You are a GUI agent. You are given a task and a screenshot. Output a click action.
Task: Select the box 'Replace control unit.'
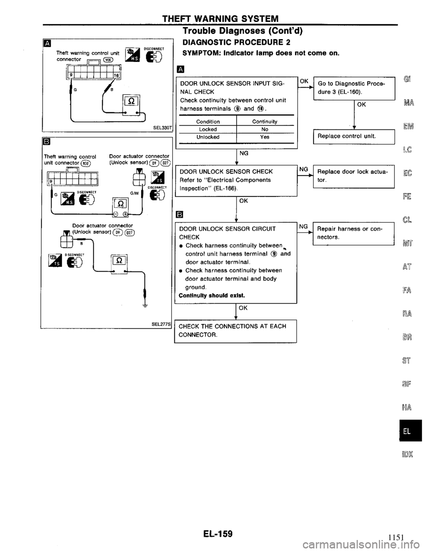pyautogui.click(x=354, y=137)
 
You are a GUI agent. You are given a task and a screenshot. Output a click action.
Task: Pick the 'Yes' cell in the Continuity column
pyautogui.click(x=265, y=137)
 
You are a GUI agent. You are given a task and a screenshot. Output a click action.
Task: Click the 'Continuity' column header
pyautogui.click(x=265, y=121)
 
